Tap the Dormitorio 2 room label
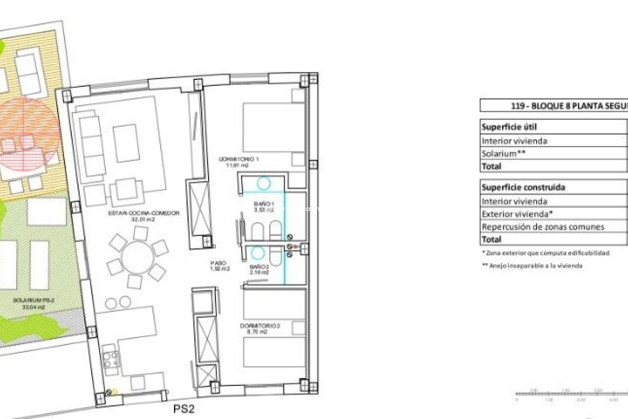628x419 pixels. tap(260, 329)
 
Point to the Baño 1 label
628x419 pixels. tap(264, 207)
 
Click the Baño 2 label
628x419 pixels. tap(259, 269)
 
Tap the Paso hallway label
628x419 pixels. tap(219, 265)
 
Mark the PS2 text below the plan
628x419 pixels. tap(184, 409)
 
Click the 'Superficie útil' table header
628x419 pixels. tap(509, 127)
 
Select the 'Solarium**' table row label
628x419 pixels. tap(503, 154)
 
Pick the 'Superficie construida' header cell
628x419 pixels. tap(523, 188)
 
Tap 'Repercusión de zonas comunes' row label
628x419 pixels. tap(543, 227)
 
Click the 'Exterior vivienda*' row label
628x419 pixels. tap(517, 214)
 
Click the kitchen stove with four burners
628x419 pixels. tap(111, 359)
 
